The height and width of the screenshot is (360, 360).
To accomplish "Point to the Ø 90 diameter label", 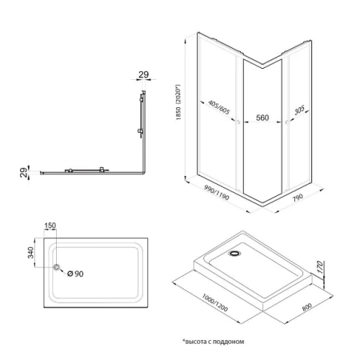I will [75, 274].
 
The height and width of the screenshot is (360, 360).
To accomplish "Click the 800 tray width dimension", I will [306, 305].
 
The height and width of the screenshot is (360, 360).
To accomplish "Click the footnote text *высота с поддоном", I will [212, 341].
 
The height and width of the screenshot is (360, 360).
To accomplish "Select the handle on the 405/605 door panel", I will [238, 122].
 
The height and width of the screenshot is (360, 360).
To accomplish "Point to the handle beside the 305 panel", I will [285, 122].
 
